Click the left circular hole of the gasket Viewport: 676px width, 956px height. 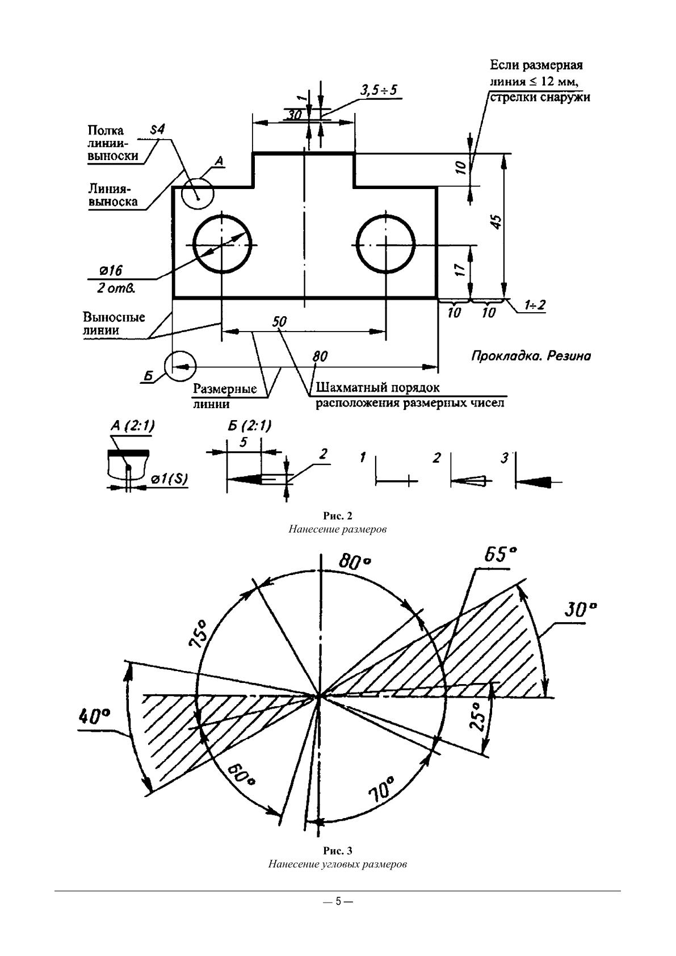tap(222, 244)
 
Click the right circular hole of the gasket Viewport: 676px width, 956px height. tap(386, 244)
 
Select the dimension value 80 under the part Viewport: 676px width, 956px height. tap(320, 357)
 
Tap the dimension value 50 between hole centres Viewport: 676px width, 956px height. tap(279, 322)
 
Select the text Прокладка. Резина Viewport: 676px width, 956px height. tap(531, 356)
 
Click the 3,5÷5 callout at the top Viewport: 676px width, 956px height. tap(379, 90)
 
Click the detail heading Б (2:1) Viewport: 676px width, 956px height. tap(249, 426)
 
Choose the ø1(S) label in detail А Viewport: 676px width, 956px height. tap(169, 479)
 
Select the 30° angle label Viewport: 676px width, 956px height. tap(581, 611)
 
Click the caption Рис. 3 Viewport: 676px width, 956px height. tap(338, 851)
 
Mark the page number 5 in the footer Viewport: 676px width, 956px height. tap(338, 901)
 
